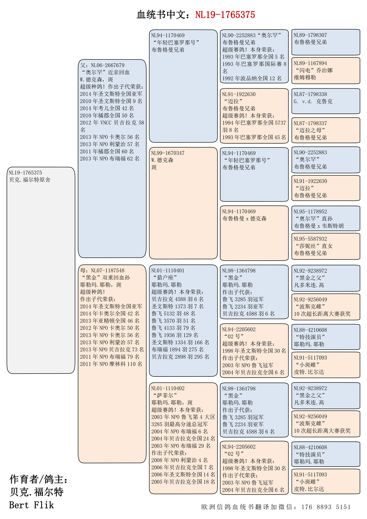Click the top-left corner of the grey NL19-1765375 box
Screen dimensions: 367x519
coord(7,167)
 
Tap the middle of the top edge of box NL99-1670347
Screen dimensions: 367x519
coord(183,147)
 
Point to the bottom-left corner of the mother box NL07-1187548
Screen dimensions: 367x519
coord(78,463)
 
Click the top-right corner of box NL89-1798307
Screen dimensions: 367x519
coord(360,29)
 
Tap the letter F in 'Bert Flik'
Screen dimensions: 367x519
coord(36,505)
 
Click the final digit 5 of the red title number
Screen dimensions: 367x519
coord(253,15)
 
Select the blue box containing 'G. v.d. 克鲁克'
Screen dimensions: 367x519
coord(326,101)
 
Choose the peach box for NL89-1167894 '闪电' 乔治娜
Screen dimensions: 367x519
coord(326,71)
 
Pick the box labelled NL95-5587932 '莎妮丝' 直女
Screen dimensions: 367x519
coord(326,246)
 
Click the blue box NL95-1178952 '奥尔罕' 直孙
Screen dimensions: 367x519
coord(326,218)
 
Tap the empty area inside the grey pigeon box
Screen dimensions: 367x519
coord(41,275)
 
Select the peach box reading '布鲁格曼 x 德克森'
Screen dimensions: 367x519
coord(254,233)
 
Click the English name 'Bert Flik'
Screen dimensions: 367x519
coord(32,505)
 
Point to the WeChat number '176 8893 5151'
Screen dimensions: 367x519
coord(326,507)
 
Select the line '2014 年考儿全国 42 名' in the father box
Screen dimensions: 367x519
coord(107,108)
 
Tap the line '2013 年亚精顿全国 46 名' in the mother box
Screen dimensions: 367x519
coord(110,321)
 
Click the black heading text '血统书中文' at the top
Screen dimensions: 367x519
coord(163,15)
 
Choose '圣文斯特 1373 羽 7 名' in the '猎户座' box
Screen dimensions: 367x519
coord(177,306)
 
